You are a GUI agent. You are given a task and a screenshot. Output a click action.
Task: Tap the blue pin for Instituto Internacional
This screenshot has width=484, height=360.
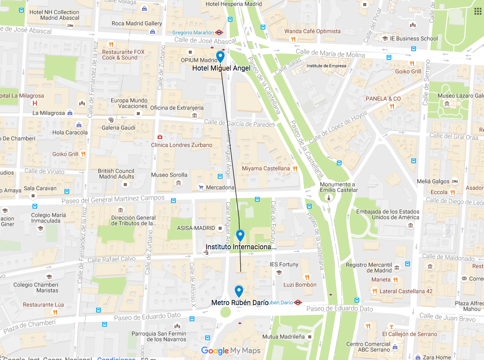(x=240, y=235)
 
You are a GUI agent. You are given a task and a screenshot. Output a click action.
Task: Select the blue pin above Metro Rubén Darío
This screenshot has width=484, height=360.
(x=239, y=291)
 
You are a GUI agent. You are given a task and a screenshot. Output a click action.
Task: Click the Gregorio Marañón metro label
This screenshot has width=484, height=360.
(x=193, y=32)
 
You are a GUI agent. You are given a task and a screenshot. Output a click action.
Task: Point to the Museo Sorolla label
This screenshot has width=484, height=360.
(x=169, y=175)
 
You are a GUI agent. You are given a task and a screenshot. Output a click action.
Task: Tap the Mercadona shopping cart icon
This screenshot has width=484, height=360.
(x=201, y=187)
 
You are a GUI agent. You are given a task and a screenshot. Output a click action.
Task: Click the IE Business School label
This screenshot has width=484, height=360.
(x=413, y=39)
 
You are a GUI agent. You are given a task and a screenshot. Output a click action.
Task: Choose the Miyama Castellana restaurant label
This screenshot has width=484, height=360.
(x=265, y=168)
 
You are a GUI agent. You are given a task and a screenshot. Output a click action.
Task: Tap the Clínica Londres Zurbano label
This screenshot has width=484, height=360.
(x=181, y=145)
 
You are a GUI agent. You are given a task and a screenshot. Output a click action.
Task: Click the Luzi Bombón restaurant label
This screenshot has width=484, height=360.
(x=300, y=285)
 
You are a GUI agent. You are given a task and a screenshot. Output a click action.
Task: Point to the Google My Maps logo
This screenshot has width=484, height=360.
(x=231, y=350)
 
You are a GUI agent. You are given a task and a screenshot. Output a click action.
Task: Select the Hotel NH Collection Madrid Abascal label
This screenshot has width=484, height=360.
(x=54, y=15)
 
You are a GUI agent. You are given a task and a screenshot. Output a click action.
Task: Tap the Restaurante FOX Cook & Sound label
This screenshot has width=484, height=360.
(x=123, y=55)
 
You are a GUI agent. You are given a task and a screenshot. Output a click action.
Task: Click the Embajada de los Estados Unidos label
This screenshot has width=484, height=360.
(x=387, y=214)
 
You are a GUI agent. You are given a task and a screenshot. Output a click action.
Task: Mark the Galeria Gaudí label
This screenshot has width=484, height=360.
(x=118, y=128)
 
